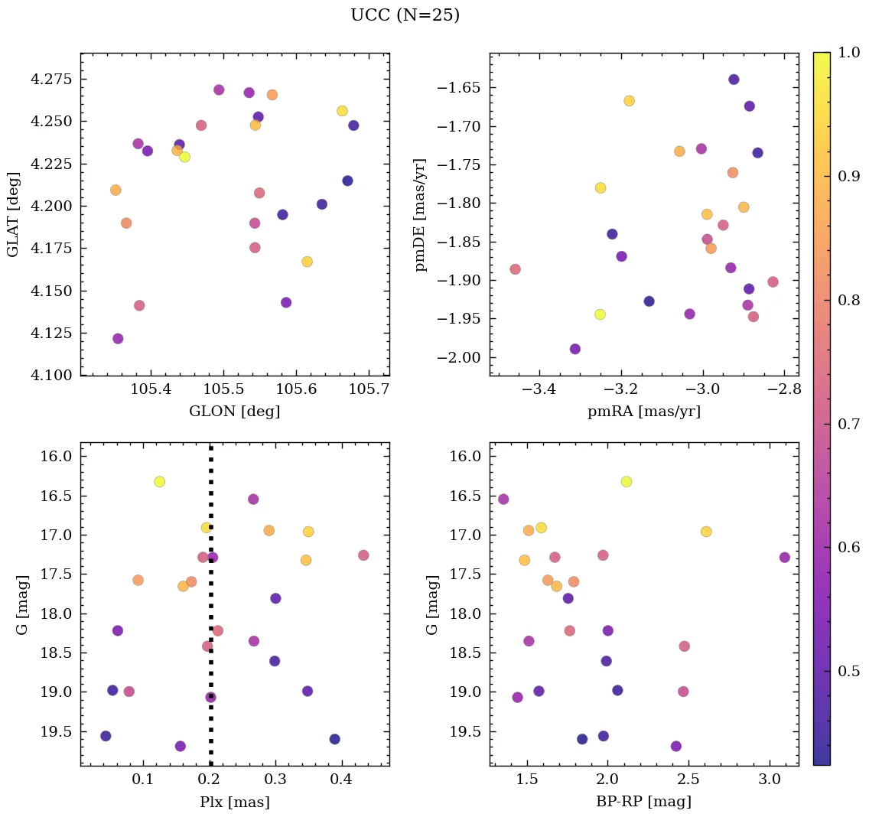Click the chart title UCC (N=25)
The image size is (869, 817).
pos(405,15)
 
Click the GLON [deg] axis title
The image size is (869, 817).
pos(234,412)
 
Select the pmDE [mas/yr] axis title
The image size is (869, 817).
pos(421,215)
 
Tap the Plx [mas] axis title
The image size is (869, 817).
pos(234,802)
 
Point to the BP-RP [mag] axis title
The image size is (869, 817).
pos(643,802)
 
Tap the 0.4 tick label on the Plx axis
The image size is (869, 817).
pos(341,781)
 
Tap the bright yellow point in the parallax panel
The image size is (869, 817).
pos(159,481)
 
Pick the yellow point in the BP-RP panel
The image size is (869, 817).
pos(627,481)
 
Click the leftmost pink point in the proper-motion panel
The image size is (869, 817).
pos(515,269)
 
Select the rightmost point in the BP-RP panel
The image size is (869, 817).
pos(784,557)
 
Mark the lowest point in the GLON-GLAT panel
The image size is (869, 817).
pos(118,338)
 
